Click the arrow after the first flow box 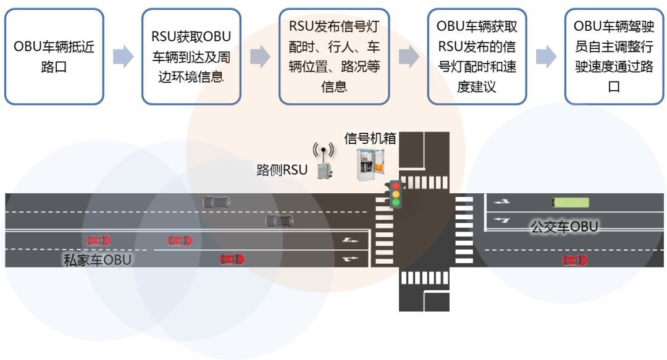click(123, 57)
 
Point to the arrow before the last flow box click(545, 57)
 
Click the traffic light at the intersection click(395, 193)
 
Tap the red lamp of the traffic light click(395, 185)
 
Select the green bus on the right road click(570, 202)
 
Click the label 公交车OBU click(564, 227)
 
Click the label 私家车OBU click(98, 259)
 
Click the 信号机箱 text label click(370, 138)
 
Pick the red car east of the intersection click(574, 261)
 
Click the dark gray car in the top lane click(217, 202)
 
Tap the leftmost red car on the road click(99, 240)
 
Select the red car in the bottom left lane click(232, 259)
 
